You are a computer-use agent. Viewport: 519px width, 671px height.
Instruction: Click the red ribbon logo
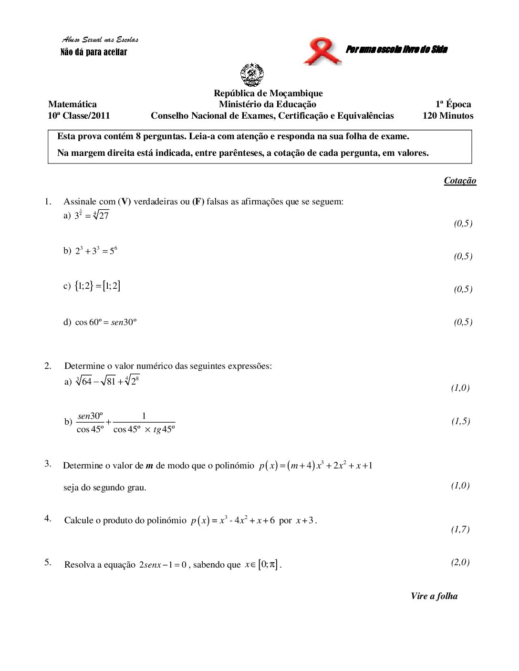(x=322, y=52)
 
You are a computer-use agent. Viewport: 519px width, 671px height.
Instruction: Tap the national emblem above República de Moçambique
(x=252, y=75)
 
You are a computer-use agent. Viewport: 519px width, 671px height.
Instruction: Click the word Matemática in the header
(x=72, y=104)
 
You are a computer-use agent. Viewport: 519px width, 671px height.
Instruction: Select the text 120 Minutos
(x=448, y=116)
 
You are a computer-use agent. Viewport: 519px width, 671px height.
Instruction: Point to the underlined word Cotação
(x=460, y=180)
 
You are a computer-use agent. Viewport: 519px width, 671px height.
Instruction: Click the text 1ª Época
(x=453, y=104)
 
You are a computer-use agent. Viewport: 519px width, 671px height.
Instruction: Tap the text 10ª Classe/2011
(x=79, y=116)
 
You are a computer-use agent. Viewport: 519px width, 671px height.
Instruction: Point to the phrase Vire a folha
(x=434, y=596)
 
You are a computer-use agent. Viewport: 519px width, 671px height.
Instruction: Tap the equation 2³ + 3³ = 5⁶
(x=96, y=251)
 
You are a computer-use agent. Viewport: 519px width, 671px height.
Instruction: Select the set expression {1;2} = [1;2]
(x=98, y=286)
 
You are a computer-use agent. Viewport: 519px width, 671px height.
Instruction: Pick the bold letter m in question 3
(x=149, y=466)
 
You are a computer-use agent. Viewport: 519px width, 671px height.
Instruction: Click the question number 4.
(x=48, y=518)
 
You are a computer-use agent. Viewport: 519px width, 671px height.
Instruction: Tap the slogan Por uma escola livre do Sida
(x=396, y=49)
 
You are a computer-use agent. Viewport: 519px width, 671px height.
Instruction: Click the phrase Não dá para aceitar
(x=93, y=52)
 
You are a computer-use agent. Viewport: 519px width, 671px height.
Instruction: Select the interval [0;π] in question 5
(x=268, y=565)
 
